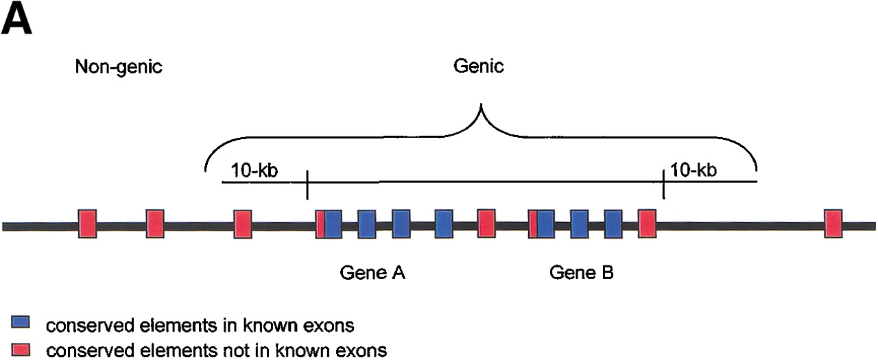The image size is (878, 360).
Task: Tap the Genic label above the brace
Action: click(479, 67)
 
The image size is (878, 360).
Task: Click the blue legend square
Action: click(19, 322)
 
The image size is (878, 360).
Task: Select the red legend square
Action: click(19, 350)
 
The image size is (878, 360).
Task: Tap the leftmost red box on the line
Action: click(87, 224)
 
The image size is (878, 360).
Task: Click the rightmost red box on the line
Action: click(833, 224)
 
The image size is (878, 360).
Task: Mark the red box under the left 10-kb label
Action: click(243, 224)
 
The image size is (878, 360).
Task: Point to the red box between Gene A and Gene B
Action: click(486, 224)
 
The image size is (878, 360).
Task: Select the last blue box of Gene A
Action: click(444, 224)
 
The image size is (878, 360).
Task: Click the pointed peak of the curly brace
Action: click(482, 106)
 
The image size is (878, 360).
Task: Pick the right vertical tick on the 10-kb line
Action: click(663, 184)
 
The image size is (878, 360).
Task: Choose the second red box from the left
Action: click(155, 224)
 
